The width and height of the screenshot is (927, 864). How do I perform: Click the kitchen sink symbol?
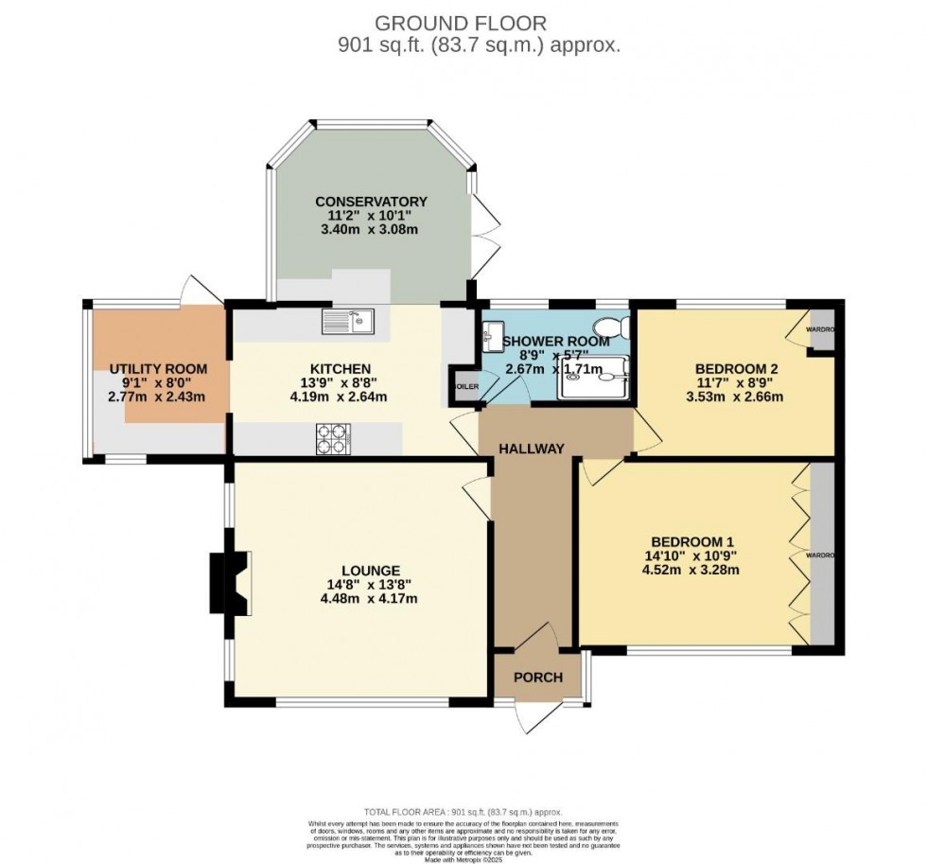347,323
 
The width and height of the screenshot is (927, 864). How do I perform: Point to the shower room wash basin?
492,334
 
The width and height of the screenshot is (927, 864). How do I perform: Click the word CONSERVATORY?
371,202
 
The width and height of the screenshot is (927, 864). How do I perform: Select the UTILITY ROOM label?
157,369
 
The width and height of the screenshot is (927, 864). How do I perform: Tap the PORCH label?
537,678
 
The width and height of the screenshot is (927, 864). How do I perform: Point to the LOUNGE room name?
369,571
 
